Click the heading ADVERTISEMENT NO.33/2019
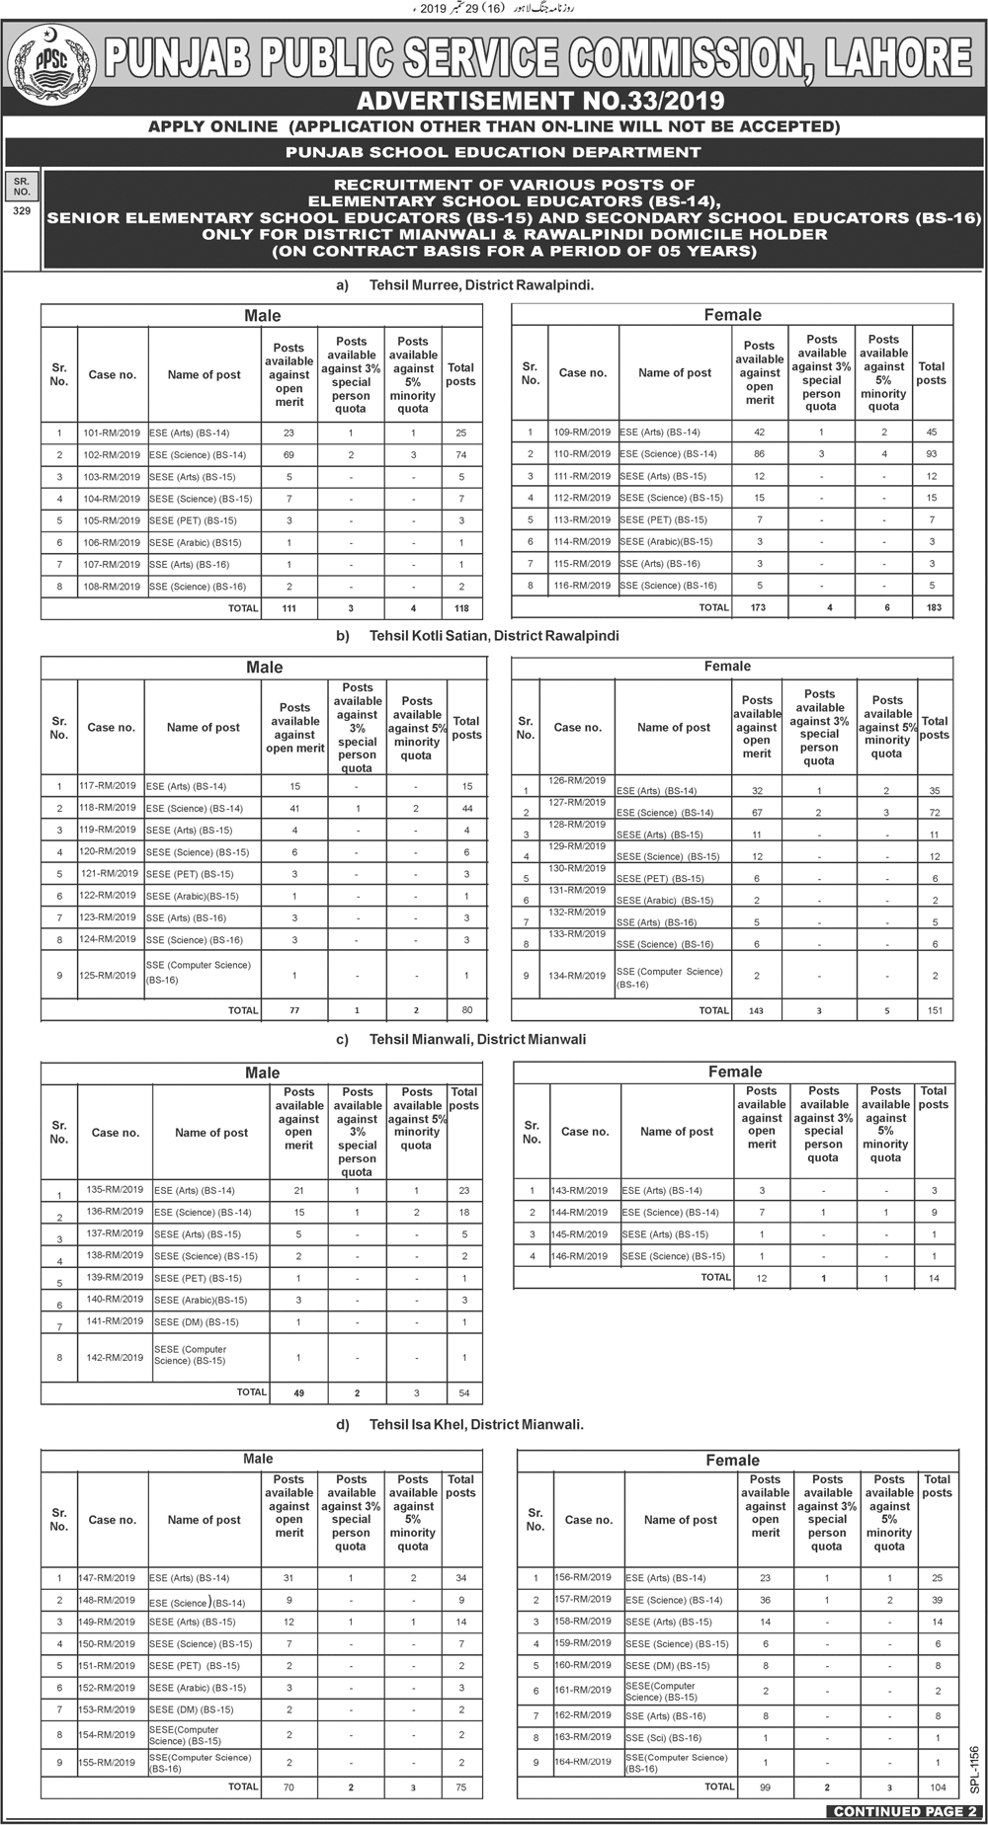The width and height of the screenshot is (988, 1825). point(539,101)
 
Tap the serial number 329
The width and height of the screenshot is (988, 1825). point(22,211)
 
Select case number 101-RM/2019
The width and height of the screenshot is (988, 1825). point(112,433)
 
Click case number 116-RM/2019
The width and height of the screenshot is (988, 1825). point(582,586)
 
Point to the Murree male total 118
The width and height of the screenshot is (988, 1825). point(461,608)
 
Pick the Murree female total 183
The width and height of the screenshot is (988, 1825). point(932,607)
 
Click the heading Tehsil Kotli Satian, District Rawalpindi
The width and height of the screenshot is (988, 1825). point(493,636)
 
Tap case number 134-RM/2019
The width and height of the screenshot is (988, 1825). point(577,976)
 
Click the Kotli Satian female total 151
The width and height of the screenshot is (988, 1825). point(935,1010)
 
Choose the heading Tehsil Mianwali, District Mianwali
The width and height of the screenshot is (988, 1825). point(476,1040)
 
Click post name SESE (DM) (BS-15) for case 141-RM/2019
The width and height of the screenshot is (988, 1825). point(196,1322)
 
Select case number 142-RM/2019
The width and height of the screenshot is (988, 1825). point(115,1358)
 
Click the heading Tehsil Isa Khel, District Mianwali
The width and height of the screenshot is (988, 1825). point(475,1425)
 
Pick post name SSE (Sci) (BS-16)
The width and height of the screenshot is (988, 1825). point(663,1737)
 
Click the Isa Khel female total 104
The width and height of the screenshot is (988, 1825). point(938,1786)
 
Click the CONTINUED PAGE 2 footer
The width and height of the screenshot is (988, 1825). point(902,1811)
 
